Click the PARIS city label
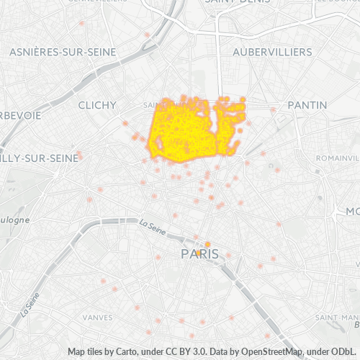click(199, 254)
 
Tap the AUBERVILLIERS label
click(273, 53)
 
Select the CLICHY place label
click(96, 105)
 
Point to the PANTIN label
click(307, 105)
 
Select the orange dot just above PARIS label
click(207, 244)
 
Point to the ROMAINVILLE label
click(338, 157)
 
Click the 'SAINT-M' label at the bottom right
click(338, 317)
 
